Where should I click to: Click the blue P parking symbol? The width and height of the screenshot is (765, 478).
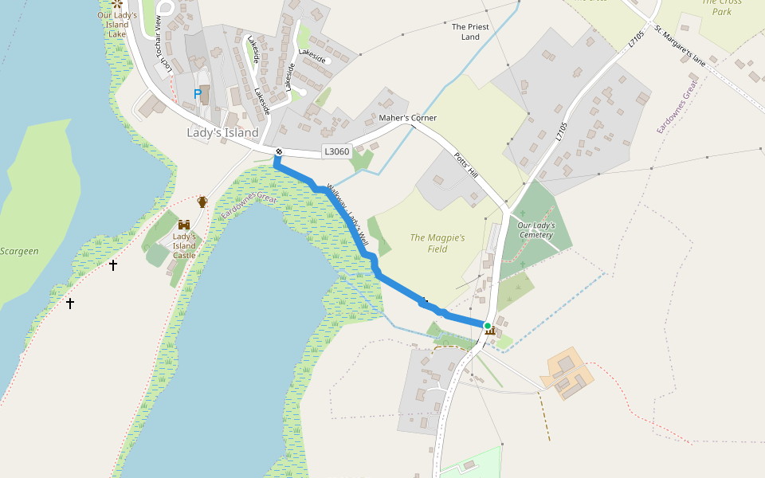point(197,94)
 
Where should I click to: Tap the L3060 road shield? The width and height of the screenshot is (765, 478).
point(336,151)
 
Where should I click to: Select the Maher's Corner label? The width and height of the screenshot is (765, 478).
point(407,118)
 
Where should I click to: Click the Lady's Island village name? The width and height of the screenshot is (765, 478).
point(222,132)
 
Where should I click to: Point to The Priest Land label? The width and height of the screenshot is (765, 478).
point(470,32)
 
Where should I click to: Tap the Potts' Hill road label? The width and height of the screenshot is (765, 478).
point(465,165)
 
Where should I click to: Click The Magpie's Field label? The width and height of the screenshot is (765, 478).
point(437,243)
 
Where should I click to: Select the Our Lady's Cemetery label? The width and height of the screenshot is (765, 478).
point(535,230)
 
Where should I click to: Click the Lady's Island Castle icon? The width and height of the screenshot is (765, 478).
point(184,225)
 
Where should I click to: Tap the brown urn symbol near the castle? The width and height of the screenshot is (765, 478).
point(202,202)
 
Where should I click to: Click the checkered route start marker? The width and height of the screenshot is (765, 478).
point(279,152)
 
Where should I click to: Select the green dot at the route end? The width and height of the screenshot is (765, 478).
point(487,325)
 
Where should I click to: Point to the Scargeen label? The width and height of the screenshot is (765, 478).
point(19,251)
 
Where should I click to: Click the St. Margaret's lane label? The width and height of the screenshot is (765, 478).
point(681,45)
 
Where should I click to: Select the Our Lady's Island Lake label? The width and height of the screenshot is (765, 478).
point(116,25)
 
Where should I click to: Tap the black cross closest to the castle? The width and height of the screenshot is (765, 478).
point(113,265)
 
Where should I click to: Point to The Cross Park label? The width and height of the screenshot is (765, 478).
point(721,6)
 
